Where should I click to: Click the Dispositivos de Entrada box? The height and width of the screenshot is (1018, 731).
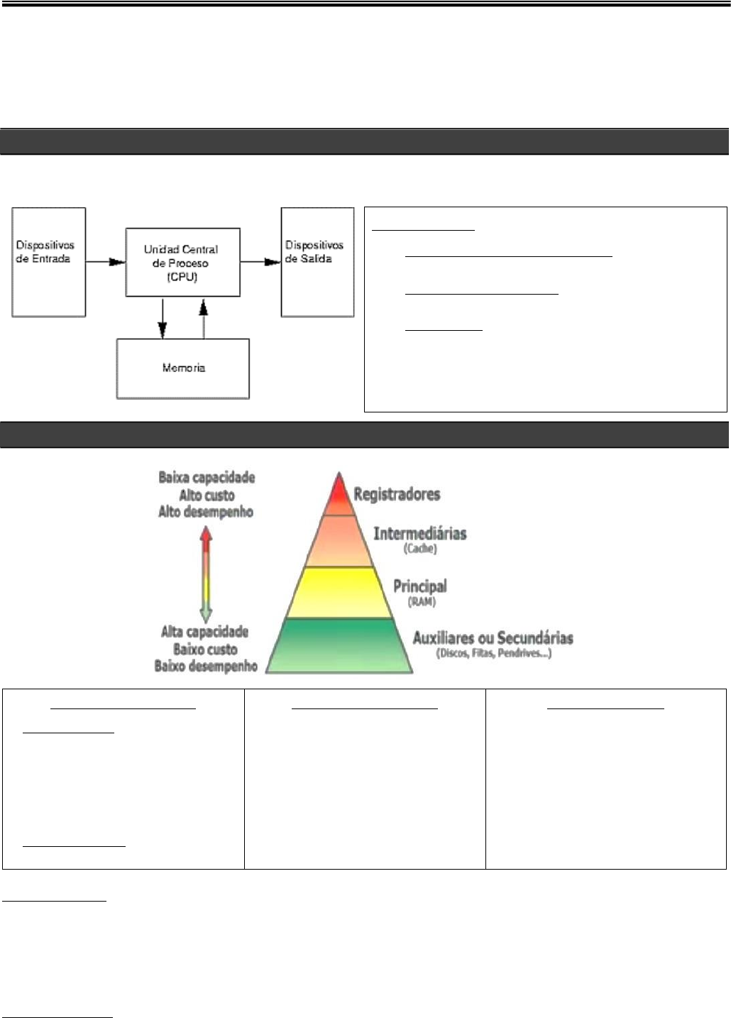pos(49,262)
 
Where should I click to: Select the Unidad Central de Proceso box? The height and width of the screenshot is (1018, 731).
pos(182,262)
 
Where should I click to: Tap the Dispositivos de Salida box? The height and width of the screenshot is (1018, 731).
pos(317,262)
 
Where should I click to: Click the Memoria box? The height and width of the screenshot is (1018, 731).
pos(183,368)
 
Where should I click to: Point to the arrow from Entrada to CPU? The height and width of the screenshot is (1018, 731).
pos(105,262)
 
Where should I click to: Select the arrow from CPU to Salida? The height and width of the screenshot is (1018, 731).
pos(260,262)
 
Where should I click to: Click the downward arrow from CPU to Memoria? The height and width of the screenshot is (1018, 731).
pos(163,317)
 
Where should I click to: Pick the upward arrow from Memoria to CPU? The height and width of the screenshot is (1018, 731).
pos(204,317)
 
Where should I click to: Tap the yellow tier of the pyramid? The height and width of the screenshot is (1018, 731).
pos(339,593)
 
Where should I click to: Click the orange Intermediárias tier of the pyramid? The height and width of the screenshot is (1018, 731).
pos(339,541)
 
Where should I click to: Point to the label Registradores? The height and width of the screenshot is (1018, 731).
pos(397,494)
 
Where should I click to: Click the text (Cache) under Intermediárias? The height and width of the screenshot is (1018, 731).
pos(420,549)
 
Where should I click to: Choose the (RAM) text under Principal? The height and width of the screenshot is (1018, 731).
pos(422,602)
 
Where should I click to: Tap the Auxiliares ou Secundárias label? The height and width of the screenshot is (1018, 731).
pos(493,637)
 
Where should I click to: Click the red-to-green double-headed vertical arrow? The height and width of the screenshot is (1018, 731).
pos(206,575)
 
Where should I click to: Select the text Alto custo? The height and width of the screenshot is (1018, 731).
pos(207,496)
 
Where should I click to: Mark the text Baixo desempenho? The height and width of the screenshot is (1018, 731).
pos(206,666)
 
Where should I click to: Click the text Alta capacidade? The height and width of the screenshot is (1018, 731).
pos(204,632)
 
